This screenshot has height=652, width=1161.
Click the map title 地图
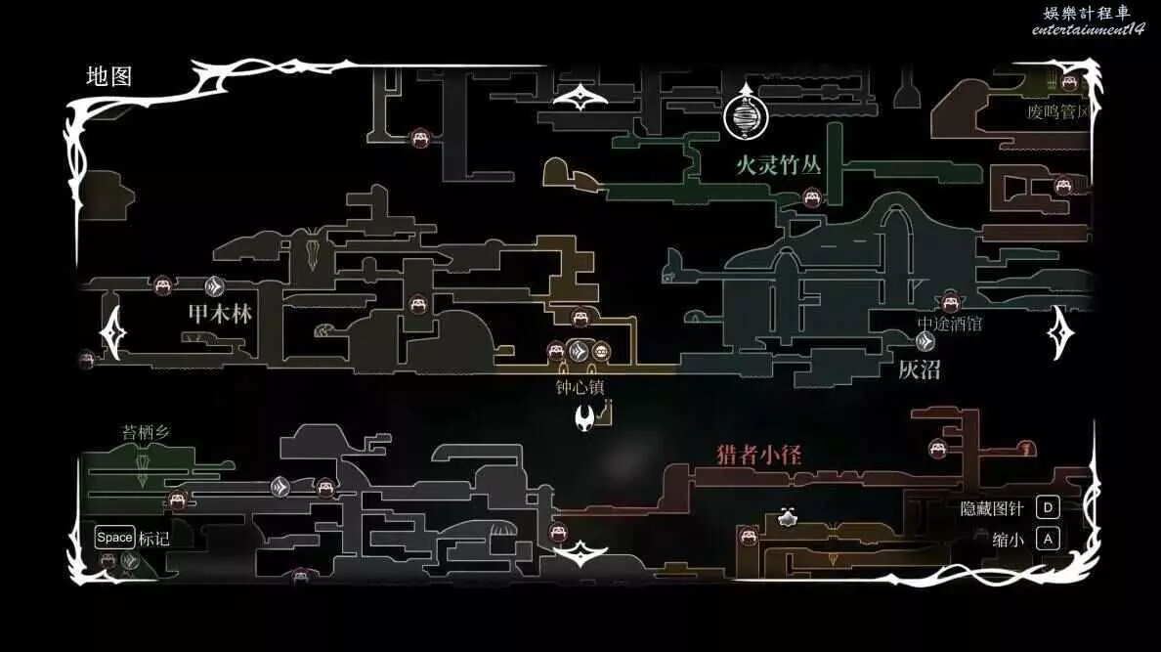[108, 76]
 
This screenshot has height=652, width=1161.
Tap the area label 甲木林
[220, 314]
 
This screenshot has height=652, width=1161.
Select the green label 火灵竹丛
[779, 164]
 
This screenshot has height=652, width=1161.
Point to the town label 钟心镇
[580, 387]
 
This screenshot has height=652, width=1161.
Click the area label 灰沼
[919, 369]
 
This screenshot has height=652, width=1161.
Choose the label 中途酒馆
[949, 324]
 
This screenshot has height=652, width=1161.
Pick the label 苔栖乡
[147, 432]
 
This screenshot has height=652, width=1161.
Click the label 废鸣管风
[1057, 112]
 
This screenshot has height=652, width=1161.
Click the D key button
[1048, 507]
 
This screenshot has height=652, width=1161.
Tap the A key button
[1048, 539]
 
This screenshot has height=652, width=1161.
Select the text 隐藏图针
[992, 508]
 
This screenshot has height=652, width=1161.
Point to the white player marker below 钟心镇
[585, 420]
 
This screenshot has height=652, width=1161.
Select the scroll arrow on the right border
[1061, 332]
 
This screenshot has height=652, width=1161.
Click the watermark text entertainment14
[1088, 29]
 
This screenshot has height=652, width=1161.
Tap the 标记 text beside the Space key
[153, 538]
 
